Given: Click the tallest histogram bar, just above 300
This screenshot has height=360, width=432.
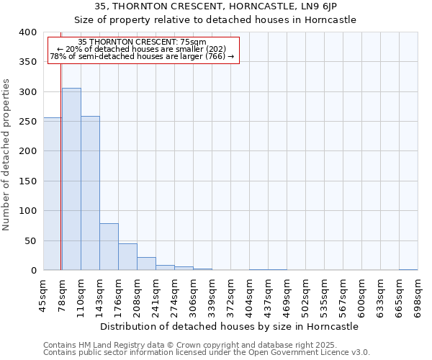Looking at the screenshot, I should point(71,180).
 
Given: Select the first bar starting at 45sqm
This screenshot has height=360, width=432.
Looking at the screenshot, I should point(52,194).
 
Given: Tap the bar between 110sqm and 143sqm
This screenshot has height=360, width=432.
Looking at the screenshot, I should point(90,194).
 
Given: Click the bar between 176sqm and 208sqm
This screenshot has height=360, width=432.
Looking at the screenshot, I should point(127,257).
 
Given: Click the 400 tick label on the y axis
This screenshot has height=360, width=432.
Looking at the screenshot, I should point(27,32).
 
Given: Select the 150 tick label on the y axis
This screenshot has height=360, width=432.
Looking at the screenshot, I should point(27,181).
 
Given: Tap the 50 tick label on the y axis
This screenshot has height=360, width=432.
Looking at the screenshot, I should point(30,241).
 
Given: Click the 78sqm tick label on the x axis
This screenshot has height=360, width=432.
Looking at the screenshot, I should point(62,294).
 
